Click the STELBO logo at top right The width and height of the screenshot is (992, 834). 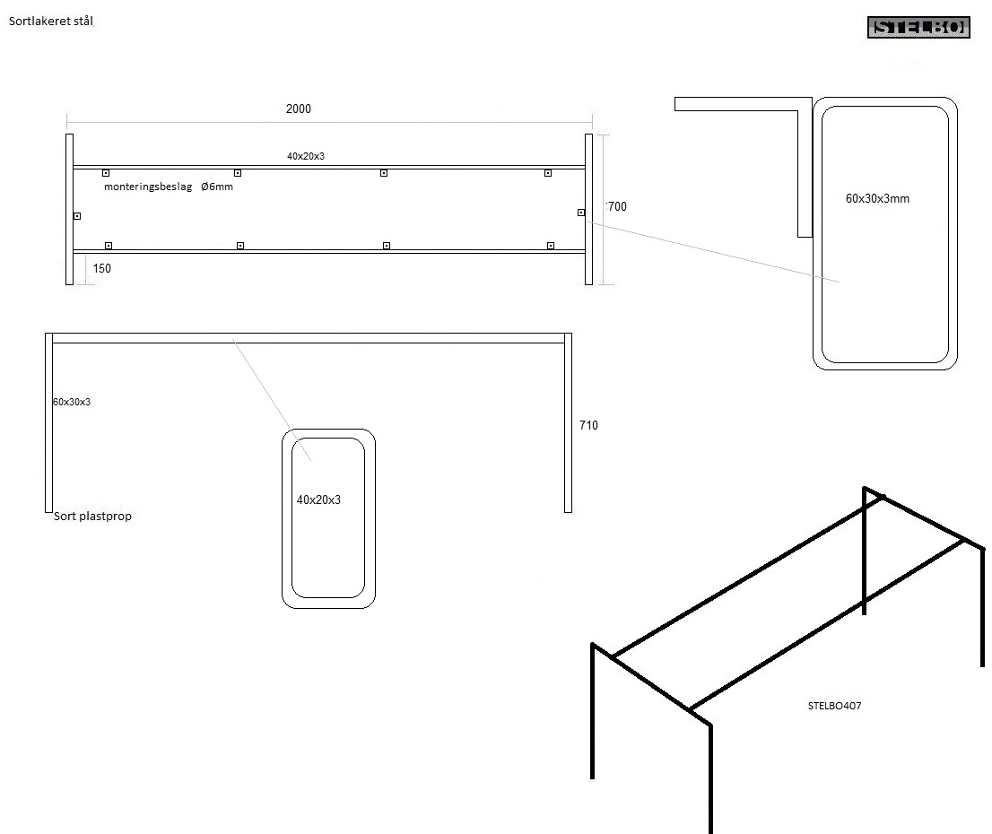tap(919, 28)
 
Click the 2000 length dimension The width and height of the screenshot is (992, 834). tap(299, 109)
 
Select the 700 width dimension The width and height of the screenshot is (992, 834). tap(617, 206)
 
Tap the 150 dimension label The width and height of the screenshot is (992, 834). tap(102, 268)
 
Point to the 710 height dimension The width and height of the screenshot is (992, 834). tap(588, 425)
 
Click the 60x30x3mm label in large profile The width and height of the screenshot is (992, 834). tap(877, 198)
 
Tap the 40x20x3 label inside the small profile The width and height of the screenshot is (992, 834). tap(318, 500)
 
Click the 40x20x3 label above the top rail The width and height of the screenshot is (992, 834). tap(306, 156)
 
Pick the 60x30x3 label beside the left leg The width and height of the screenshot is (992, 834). tap(72, 402)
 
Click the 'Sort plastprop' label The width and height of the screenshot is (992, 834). tap(92, 516)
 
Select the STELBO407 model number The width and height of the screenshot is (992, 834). tap(834, 706)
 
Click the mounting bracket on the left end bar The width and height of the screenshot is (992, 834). tap(77, 215)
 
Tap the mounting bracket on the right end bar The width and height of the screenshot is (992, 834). tap(581, 213)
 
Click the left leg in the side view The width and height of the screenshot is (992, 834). tap(48, 421)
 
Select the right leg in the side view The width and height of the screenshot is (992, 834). tap(568, 421)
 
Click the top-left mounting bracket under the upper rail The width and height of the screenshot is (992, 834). tap(106, 172)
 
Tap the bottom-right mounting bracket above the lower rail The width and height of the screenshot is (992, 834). tap(551, 245)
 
